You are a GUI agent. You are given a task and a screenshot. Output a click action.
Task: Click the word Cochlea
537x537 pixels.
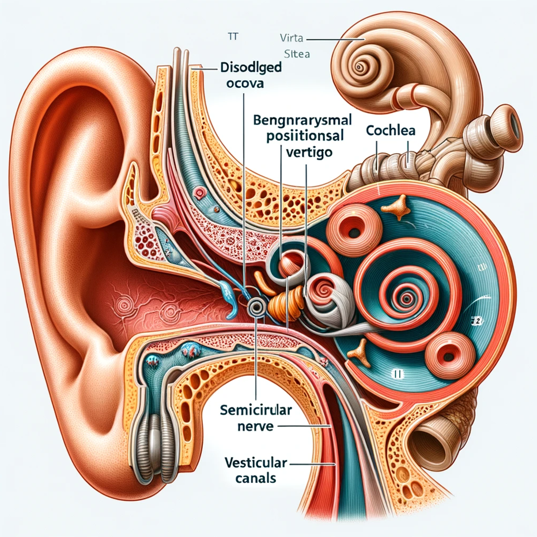pyautogui.click(x=391, y=130)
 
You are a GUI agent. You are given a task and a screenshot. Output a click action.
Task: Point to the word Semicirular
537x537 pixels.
pyautogui.click(x=255, y=411)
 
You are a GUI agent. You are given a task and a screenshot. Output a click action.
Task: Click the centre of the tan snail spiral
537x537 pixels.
pyautogui.click(x=361, y=67)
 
